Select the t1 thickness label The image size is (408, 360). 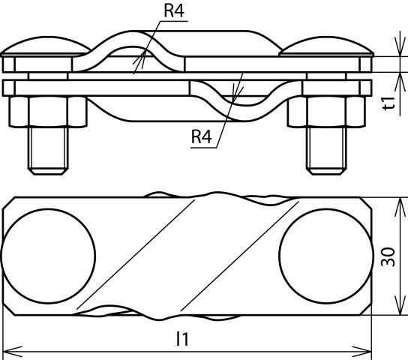point(388,103)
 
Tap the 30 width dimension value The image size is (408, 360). point(388,256)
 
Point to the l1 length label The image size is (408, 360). point(181,339)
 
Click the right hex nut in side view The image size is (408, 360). point(320,112)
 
